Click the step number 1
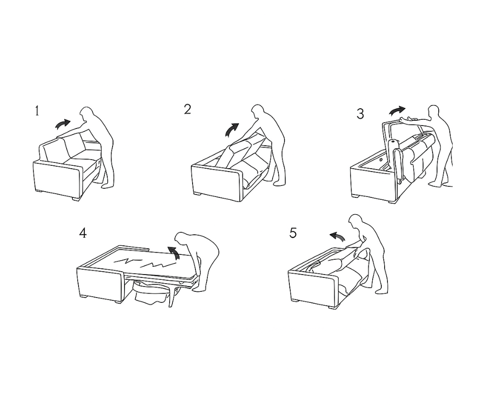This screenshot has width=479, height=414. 37,111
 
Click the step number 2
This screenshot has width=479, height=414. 188,109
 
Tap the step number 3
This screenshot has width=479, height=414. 361,114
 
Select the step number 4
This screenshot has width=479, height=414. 83,233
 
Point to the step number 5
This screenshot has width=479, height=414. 293,233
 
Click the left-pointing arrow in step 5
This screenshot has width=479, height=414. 337,235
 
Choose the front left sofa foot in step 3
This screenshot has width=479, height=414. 356,195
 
